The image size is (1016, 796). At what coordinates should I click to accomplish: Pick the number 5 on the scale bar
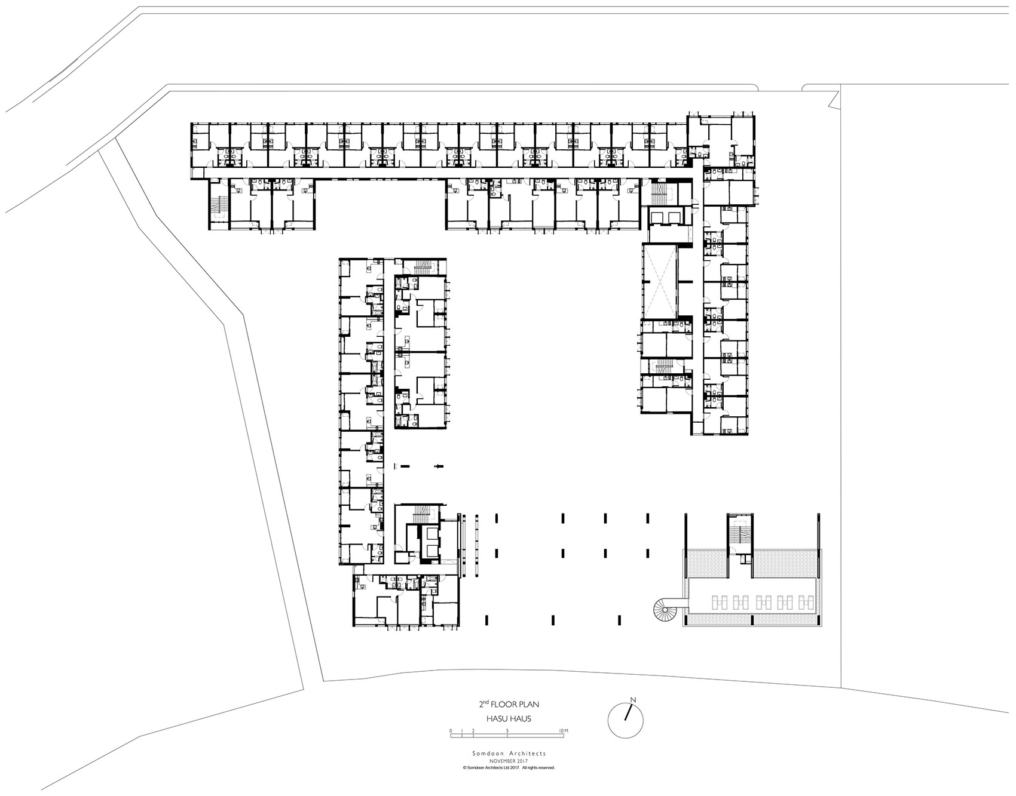point(507,731)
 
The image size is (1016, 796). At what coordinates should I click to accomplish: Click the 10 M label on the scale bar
point(563,731)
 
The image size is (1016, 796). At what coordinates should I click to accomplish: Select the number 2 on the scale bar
point(473,731)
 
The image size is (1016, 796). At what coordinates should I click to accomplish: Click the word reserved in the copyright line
point(545,767)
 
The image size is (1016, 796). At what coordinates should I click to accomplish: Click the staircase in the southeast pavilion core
point(741,534)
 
